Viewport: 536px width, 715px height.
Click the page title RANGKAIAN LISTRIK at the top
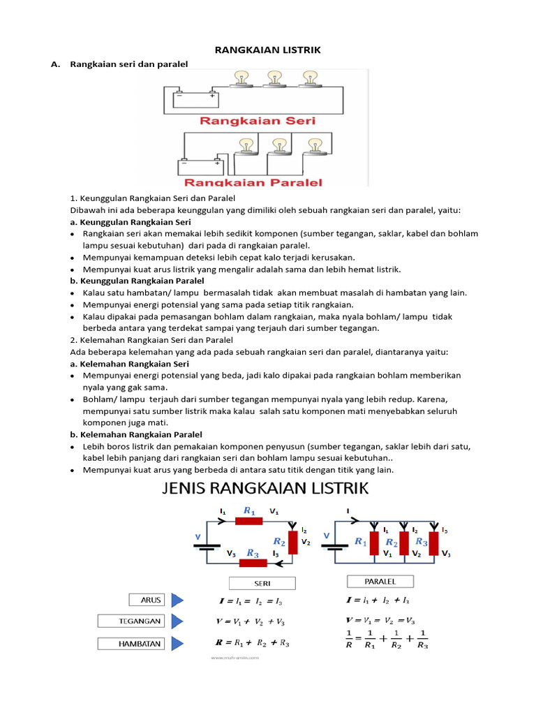(267, 50)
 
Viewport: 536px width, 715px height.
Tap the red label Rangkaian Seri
(258, 120)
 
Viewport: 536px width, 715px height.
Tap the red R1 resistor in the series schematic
(249, 519)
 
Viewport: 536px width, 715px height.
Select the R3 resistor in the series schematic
(253, 561)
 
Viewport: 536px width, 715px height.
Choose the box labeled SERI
(262, 583)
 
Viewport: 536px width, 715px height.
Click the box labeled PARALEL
(380, 581)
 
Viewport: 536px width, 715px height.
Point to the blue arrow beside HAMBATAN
(177, 643)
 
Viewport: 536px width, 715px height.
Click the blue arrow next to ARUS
(177, 600)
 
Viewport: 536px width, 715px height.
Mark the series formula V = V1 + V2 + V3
(249, 621)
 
